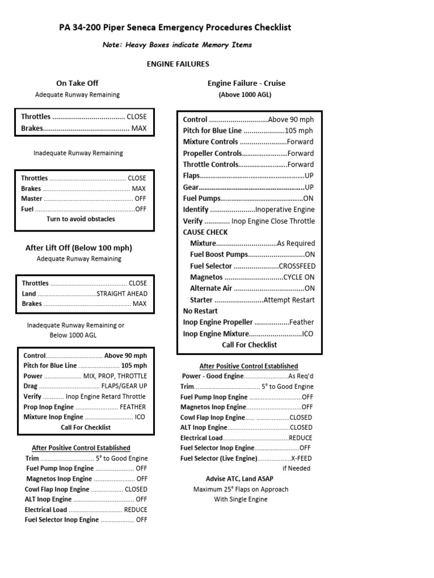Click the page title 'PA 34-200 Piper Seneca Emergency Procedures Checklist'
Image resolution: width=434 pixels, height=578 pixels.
[x=175, y=27]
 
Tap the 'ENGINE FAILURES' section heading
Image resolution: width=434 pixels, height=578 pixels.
[x=178, y=64]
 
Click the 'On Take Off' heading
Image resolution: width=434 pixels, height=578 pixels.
[x=77, y=83]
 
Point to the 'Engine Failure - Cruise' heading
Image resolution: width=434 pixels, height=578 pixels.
[x=246, y=83]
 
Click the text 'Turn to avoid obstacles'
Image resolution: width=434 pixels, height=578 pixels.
[x=81, y=219]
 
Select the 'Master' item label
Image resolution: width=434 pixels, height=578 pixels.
[x=31, y=199]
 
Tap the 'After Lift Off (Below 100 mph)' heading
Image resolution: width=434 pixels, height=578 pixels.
[x=79, y=247]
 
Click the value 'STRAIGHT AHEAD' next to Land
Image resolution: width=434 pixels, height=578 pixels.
[x=122, y=294]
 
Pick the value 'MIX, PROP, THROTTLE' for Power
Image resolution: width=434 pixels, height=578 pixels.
[x=115, y=376]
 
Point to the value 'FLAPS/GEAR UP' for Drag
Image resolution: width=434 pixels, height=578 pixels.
[x=124, y=386]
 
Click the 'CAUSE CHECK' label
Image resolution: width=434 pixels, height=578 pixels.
[x=205, y=232]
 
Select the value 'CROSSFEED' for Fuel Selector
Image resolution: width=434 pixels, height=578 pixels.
[x=297, y=266]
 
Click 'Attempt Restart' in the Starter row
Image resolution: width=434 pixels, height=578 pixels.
[x=289, y=300]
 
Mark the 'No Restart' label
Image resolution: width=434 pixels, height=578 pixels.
[x=200, y=311]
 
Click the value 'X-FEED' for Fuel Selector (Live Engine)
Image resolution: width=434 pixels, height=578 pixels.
[x=301, y=458]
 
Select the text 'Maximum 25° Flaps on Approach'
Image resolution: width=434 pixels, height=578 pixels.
[x=241, y=489]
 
